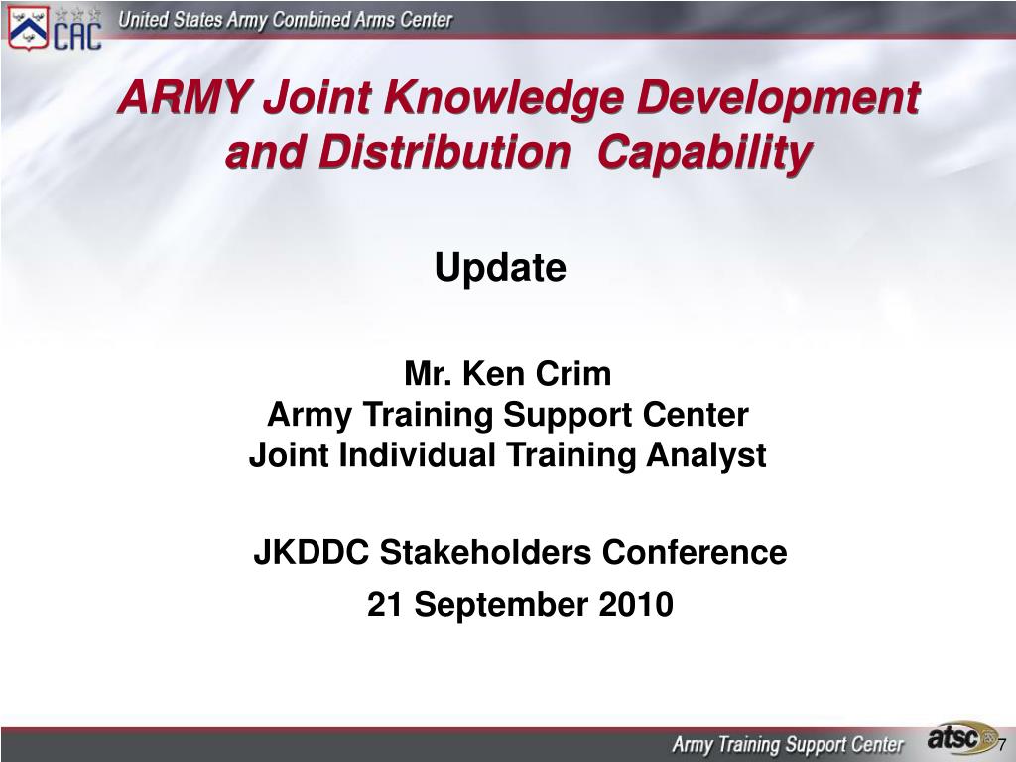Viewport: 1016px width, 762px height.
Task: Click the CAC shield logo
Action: (x=29, y=27)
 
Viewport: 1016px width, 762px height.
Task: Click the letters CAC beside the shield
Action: (x=77, y=36)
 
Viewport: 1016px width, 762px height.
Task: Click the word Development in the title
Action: (x=778, y=99)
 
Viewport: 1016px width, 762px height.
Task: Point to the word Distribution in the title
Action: (x=444, y=152)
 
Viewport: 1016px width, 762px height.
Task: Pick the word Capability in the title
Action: (x=704, y=154)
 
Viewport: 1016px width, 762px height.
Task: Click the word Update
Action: (x=500, y=267)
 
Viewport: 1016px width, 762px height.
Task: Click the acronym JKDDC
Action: (x=311, y=552)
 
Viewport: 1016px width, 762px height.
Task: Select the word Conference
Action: (x=695, y=552)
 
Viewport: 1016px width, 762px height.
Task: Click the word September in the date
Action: (x=501, y=606)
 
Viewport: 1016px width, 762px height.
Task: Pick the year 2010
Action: (x=636, y=604)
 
